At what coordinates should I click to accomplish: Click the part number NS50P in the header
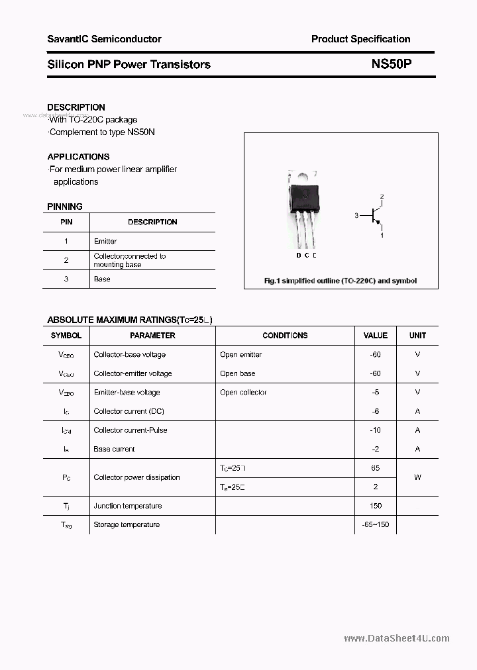[x=392, y=64]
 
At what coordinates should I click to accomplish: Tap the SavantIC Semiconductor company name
[x=104, y=39]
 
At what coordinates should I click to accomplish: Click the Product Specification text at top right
[x=360, y=39]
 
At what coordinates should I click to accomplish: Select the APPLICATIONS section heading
[x=78, y=157]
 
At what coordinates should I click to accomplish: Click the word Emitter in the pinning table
[x=105, y=242]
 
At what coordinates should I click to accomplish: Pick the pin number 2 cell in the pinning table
[x=66, y=260]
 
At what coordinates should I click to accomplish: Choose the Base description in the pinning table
[x=102, y=279]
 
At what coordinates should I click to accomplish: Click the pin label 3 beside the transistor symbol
[x=356, y=216]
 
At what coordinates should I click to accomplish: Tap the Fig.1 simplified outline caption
[x=341, y=281]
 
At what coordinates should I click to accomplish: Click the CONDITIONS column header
[x=285, y=336]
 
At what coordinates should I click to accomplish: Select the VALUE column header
[x=376, y=336]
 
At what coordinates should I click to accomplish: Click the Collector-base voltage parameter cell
[x=130, y=355]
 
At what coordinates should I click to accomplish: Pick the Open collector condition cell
[x=243, y=393]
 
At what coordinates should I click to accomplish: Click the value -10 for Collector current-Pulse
[x=376, y=430]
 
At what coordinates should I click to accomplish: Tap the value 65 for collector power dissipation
[x=376, y=468]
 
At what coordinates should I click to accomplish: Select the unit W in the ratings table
[x=417, y=477]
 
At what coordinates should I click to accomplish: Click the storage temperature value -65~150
[x=376, y=525]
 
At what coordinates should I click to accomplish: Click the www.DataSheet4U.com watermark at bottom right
[x=397, y=639]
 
